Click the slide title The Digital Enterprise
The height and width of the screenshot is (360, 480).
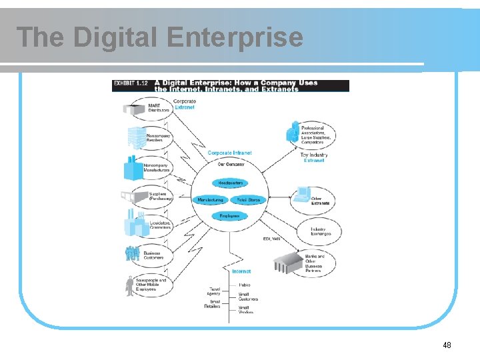click(x=159, y=37)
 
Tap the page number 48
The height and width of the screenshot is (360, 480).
click(x=447, y=345)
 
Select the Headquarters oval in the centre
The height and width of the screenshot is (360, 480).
click(x=230, y=183)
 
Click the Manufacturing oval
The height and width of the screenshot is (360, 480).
click(x=211, y=199)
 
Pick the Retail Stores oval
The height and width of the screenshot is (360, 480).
click(x=248, y=199)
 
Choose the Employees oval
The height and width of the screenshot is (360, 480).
click(x=230, y=215)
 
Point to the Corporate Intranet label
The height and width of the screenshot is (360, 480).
click(x=229, y=153)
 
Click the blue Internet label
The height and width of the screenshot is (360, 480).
click(x=241, y=271)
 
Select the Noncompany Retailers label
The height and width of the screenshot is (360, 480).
click(x=158, y=138)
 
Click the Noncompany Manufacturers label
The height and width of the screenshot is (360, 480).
click(x=156, y=167)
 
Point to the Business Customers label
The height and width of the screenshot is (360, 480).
click(x=152, y=255)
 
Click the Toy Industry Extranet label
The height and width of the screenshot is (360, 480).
click(x=314, y=157)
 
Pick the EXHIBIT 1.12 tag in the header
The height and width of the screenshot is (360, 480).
click(x=131, y=83)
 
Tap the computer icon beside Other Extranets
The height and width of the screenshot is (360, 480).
click(x=301, y=195)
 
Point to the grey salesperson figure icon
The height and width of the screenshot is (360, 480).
click(x=129, y=285)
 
